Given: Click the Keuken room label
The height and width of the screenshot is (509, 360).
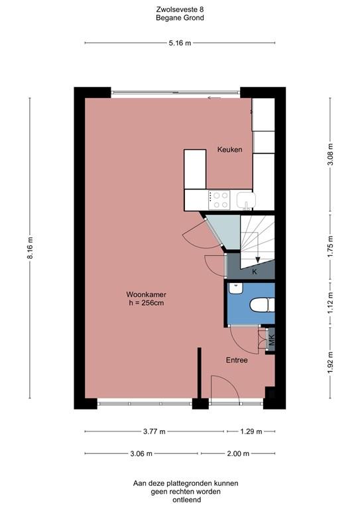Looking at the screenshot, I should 229,150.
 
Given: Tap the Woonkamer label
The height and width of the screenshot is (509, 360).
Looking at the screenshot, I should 146,294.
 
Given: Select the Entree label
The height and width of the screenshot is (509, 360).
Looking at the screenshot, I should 237,361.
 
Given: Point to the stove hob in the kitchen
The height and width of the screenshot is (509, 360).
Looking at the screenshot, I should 219,198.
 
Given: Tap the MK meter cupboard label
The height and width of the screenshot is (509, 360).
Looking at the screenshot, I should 271,341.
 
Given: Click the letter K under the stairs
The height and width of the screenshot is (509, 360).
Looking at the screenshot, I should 254,272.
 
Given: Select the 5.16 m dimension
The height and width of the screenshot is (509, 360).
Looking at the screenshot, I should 180,43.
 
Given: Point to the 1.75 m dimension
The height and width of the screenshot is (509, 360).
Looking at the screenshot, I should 331,245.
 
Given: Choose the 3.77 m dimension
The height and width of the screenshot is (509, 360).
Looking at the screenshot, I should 155,431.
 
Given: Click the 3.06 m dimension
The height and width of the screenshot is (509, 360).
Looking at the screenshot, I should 141,454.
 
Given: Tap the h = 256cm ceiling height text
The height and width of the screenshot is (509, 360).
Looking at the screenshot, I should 146,304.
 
